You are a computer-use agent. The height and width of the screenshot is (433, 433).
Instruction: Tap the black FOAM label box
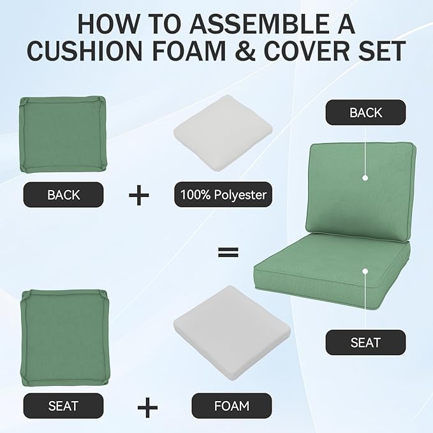[x=231, y=406]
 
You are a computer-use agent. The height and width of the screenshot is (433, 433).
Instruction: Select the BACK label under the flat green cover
[x=63, y=194]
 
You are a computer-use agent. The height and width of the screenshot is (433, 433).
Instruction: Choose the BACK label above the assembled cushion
[x=365, y=113]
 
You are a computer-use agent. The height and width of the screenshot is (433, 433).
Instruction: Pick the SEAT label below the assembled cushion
[x=365, y=342]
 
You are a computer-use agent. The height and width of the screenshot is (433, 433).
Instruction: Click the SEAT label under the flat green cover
[x=63, y=406]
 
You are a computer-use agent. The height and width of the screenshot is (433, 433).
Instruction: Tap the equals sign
[x=224, y=253]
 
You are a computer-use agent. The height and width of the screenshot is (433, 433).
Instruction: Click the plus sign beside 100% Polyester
[x=138, y=194]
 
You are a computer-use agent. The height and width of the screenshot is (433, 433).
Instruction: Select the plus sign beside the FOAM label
[x=147, y=406]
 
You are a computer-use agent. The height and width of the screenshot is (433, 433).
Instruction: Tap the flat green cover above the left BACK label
[x=63, y=134]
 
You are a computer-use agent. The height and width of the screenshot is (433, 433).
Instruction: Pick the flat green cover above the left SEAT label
[x=63, y=336]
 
